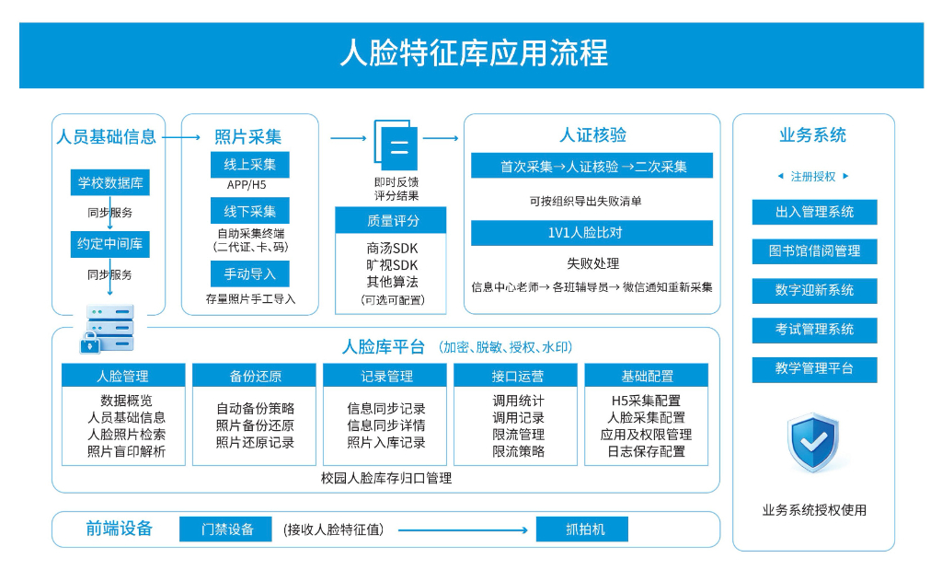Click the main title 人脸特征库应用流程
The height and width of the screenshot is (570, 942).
(474, 52)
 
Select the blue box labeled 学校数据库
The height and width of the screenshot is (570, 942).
(110, 182)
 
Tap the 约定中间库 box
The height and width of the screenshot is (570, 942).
(110, 244)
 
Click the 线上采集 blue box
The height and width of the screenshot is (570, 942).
(250, 165)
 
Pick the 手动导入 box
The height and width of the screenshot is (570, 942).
(250, 274)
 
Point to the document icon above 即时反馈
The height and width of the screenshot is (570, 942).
(396, 145)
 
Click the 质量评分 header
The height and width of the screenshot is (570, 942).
(390, 220)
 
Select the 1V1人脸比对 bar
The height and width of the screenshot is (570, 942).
(592, 233)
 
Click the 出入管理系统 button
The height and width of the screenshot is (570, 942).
(815, 212)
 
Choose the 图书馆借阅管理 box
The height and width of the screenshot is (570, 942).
(815, 251)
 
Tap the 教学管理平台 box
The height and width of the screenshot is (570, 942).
(815, 369)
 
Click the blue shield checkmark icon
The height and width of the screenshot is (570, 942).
(813, 443)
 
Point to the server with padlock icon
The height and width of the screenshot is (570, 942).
(107, 329)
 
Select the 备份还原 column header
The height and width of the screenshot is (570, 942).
(254, 376)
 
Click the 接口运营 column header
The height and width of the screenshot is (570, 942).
(516, 376)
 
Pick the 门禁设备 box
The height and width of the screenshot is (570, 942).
(226, 529)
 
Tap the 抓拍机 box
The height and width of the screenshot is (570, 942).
(582, 529)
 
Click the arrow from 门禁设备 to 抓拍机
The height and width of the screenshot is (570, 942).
(464, 530)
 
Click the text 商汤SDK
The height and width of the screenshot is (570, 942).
(392, 249)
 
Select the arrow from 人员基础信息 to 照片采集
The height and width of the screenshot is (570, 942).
(181, 137)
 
